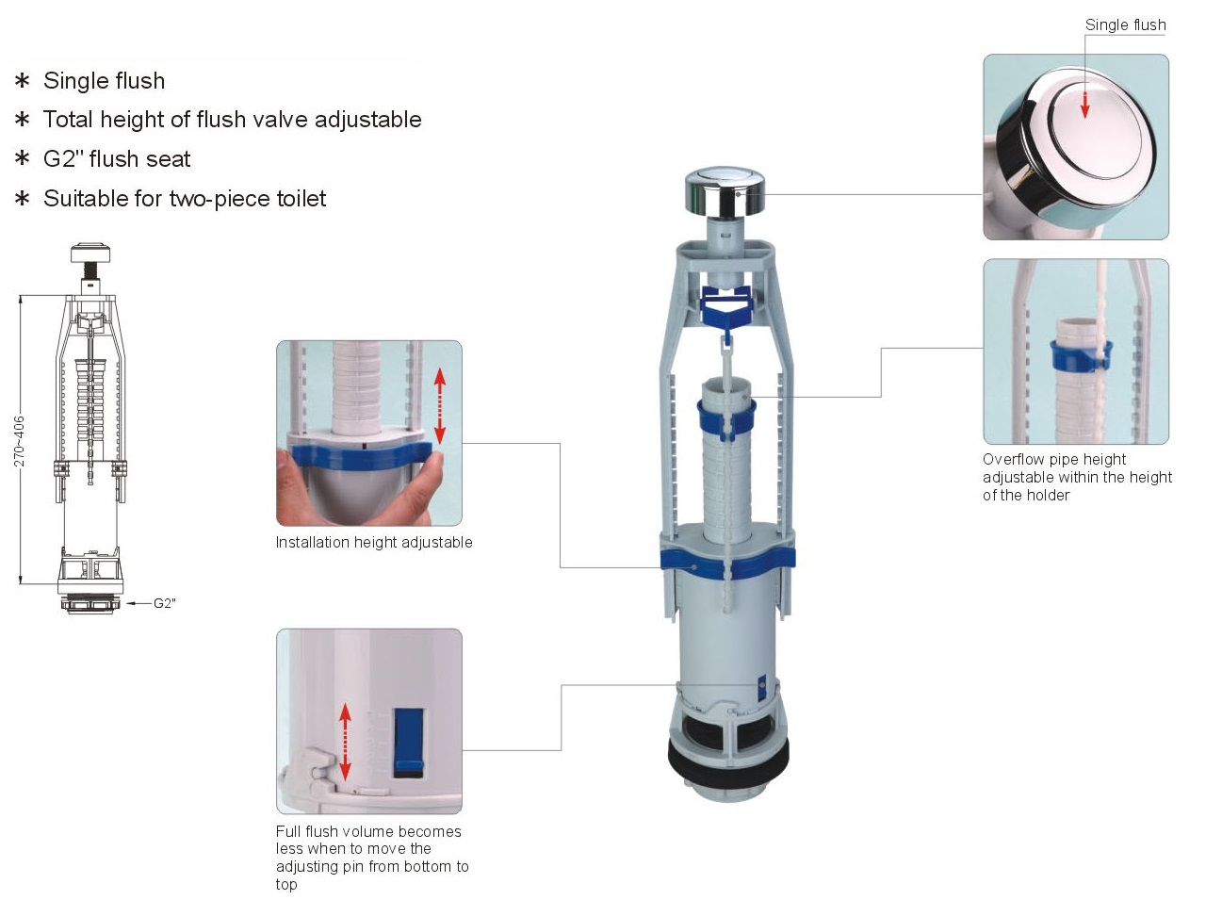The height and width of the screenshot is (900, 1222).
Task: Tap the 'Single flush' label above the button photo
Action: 1126,25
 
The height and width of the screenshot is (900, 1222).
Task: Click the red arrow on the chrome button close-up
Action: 1085,104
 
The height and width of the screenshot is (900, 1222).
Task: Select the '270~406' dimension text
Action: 19,441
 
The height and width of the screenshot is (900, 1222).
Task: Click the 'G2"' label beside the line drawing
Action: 165,603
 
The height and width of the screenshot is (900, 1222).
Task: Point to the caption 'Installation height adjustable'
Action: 374,542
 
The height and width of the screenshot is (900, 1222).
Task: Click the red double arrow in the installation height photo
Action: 440,406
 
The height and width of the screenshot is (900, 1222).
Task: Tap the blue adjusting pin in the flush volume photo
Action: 409,743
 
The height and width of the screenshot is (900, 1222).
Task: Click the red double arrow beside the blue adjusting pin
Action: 345,742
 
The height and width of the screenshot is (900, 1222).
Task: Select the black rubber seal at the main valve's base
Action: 727,761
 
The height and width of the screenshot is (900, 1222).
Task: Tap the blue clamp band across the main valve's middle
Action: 727,564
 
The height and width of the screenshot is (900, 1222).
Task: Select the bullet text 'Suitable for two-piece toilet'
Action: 185,199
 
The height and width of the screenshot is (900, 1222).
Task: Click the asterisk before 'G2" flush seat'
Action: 23,159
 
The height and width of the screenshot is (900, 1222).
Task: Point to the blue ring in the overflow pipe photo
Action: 1081,353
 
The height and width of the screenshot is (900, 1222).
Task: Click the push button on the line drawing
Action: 90,253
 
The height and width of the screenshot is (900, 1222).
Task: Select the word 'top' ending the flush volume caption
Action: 286,885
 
